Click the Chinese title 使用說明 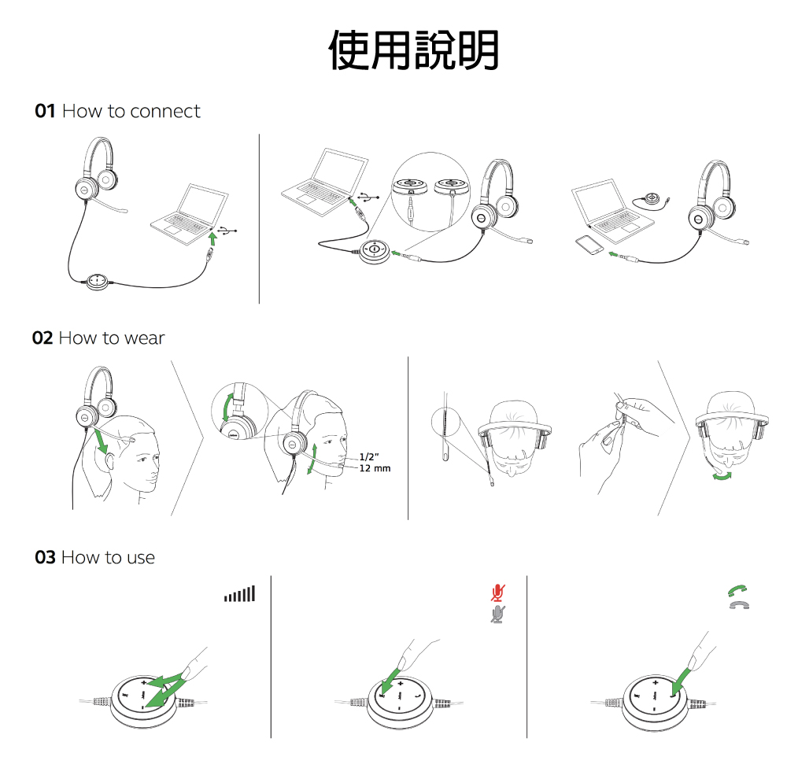click(413, 50)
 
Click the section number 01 click(45, 112)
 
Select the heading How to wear click(111, 338)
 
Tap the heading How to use click(108, 558)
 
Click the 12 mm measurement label click(375, 469)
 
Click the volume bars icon click(239, 594)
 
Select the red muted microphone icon click(497, 593)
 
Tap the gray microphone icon click(497, 614)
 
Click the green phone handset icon click(737, 590)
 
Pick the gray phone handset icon click(737, 605)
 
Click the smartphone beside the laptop click(589, 246)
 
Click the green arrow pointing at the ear click(100, 440)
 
